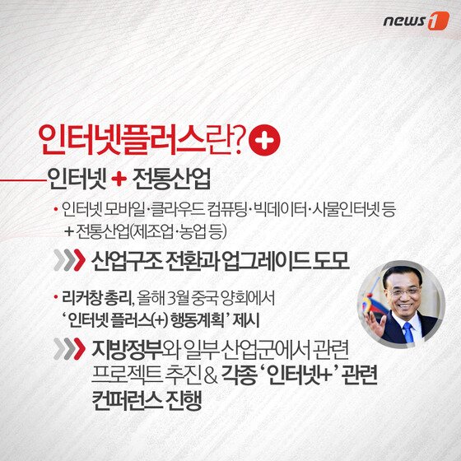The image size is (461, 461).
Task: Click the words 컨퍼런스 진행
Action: (151, 403)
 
